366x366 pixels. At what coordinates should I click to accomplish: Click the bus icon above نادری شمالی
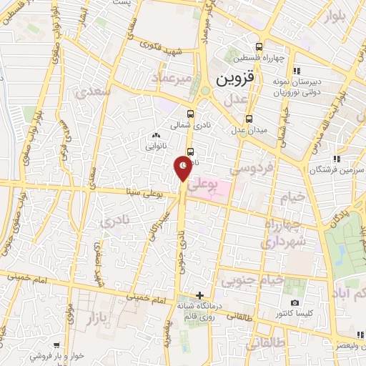tap(189, 114)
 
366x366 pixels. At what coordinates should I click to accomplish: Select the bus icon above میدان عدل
tap(249, 119)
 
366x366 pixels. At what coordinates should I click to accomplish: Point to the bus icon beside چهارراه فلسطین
tap(295, 70)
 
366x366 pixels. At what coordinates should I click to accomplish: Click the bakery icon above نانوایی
tap(157, 133)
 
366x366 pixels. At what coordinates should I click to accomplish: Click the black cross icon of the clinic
tap(199, 295)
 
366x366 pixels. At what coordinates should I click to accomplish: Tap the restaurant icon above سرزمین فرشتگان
tap(336, 159)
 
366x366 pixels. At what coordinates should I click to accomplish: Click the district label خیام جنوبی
tap(250, 281)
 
